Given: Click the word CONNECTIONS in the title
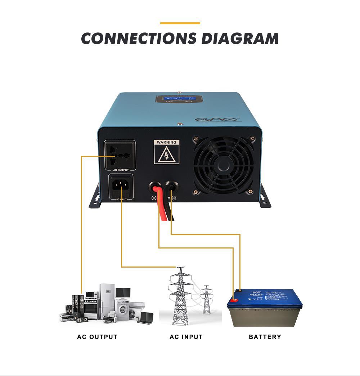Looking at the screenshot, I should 139,39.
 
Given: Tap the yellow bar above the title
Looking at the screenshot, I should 180,23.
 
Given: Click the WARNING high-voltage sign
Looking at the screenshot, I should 166,152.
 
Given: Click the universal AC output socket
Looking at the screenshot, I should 120,156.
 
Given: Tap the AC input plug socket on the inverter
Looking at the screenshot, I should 121,186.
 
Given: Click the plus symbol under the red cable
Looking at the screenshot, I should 154,198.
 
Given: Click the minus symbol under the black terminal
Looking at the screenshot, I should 174,198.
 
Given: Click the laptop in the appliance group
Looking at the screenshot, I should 145,317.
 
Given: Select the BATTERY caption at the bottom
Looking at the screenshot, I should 265,337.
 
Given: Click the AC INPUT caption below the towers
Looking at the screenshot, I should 186,337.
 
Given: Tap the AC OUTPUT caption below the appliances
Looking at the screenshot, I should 97,337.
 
